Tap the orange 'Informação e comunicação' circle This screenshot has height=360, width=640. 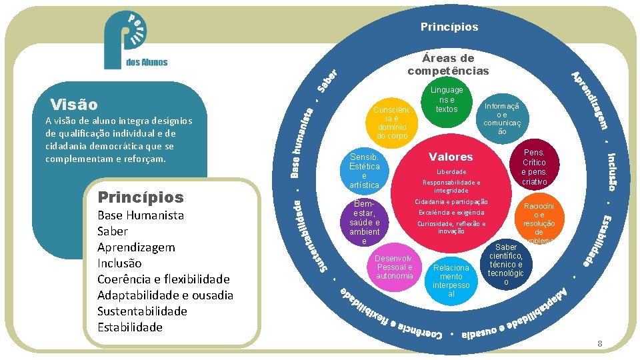point(501,117)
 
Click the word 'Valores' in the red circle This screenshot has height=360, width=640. point(451,157)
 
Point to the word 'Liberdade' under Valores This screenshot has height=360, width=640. point(451,171)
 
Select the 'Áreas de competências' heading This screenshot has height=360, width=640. point(448,65)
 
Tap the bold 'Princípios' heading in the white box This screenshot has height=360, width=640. point(140,197)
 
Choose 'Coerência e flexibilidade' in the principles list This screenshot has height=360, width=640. point(163,279)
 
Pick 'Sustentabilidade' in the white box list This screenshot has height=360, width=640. point(142,311)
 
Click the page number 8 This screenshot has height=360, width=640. point(600,344)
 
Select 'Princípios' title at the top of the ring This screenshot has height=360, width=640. point(449,27)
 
